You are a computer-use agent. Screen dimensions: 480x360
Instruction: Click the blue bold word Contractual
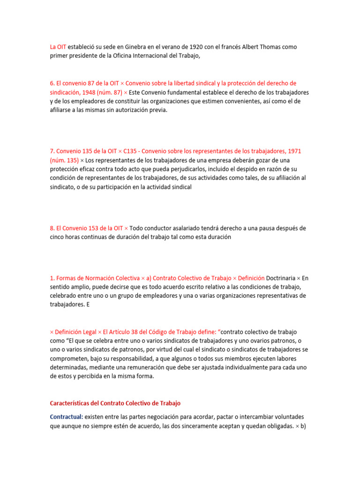(x=66, y=416)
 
